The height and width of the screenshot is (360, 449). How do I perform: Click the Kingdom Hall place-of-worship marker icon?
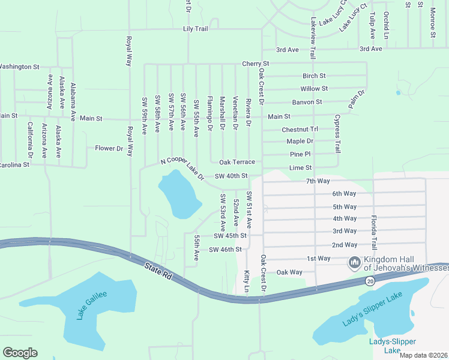[355, 263]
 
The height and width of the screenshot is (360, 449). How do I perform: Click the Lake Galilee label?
[92, 305]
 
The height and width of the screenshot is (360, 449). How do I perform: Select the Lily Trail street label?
[195, 29]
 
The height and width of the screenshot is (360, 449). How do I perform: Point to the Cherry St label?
[255, 64]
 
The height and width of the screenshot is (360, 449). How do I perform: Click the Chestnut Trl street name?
[300, 130]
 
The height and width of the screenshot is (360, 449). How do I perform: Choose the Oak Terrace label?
[237, 163]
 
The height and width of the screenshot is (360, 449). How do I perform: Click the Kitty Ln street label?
[247, 281]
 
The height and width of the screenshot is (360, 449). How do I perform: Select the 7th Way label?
[318, 181]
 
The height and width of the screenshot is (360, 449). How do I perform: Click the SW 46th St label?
[225, 249]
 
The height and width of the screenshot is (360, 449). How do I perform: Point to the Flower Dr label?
[109, 148]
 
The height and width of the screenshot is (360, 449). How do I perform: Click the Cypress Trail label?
[337, 133]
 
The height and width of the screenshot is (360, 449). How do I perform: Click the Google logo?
[20, 353]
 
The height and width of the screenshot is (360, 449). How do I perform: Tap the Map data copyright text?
[423, 355]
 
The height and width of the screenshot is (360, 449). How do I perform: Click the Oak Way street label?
[289, 272]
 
